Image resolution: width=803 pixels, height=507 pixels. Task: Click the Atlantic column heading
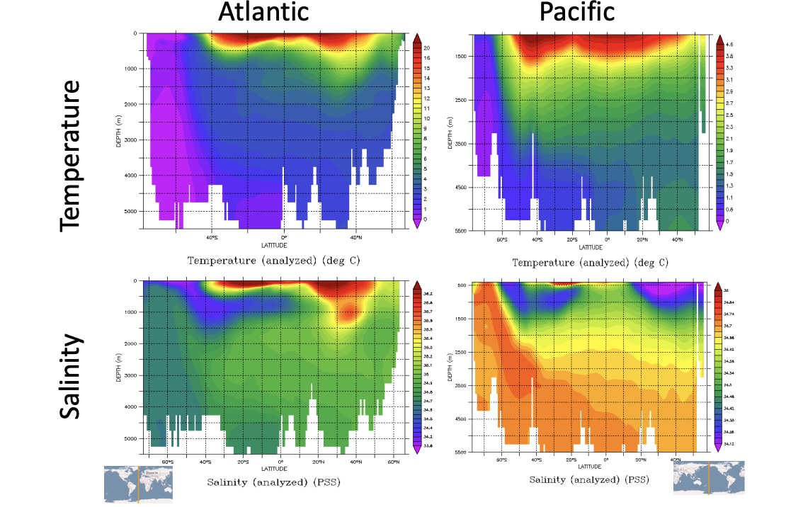[263, 12]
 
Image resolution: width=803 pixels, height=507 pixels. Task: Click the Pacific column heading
[576, 12]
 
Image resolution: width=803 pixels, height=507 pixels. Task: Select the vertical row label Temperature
[71, 154]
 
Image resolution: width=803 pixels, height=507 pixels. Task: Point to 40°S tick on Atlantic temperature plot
[211, 238]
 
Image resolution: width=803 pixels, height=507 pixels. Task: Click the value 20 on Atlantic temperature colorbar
[427, 47]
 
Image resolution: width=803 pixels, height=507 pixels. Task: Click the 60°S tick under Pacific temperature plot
[502, 240]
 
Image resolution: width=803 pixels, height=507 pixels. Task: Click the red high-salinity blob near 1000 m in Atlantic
[347, 312]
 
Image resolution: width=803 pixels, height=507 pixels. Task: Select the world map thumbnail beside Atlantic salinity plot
[138, 484]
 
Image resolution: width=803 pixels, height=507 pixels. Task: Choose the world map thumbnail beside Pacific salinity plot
[708, 477]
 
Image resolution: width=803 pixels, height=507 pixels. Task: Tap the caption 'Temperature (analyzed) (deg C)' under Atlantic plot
[273, 260]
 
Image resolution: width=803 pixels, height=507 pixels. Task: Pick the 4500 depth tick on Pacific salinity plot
[459, 419]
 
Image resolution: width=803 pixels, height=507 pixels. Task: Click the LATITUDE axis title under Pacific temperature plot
[591, 248]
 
